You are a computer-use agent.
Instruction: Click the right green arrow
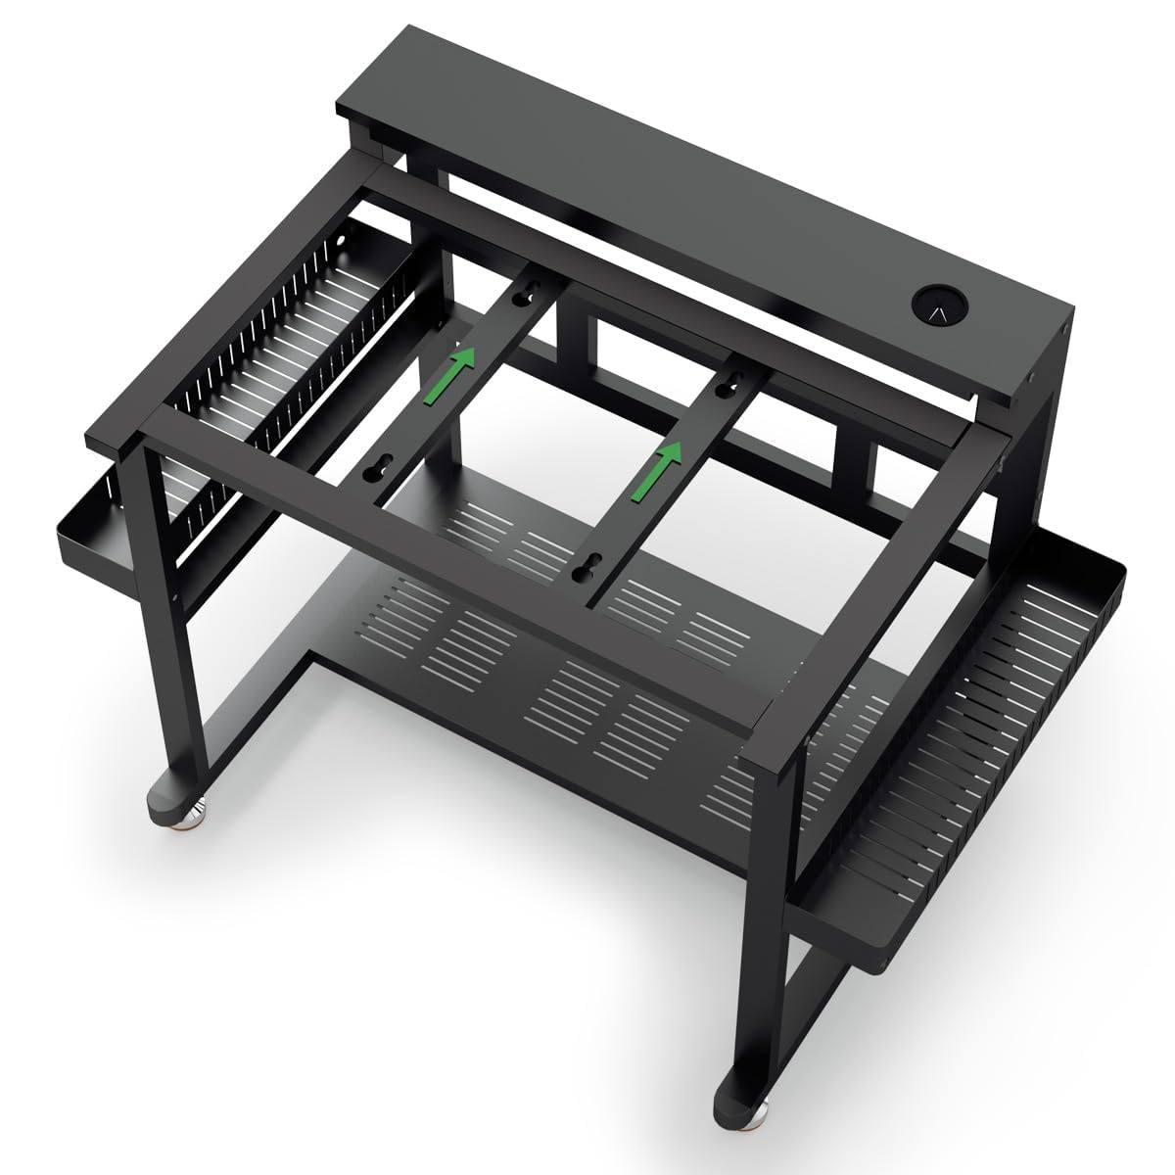(655, 472)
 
